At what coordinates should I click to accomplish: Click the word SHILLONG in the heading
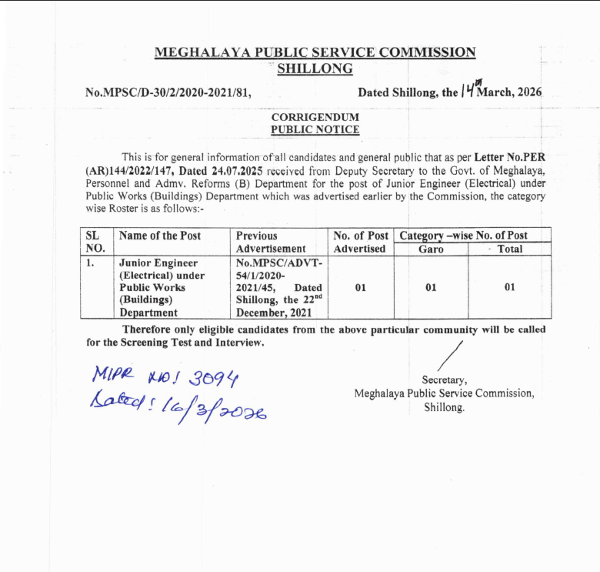pos(315,69)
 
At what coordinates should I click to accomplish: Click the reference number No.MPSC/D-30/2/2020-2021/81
pos(168,92)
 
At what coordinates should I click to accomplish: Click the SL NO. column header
pos(95,242)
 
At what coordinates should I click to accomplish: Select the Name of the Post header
pos(160,236)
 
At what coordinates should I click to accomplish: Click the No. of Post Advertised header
pos(359,242)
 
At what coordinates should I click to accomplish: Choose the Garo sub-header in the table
pos(431,249)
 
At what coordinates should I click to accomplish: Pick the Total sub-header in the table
pos(509,249)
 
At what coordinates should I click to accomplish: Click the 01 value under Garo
pos(431,288)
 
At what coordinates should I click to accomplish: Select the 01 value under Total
pos(509,288)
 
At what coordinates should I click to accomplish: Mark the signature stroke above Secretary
pos(448,355)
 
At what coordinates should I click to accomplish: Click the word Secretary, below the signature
pos(445,380)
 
